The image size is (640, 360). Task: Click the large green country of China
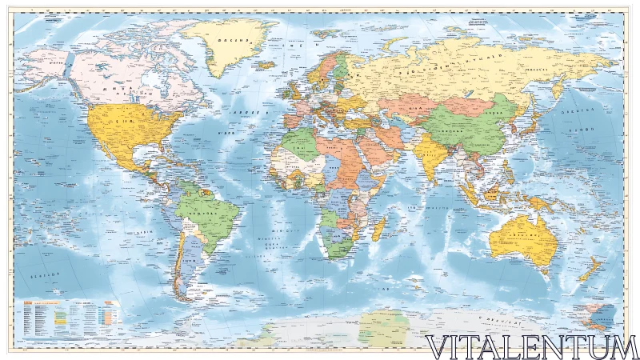coord(464,128)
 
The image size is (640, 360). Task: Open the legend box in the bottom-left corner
coord(68,320)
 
